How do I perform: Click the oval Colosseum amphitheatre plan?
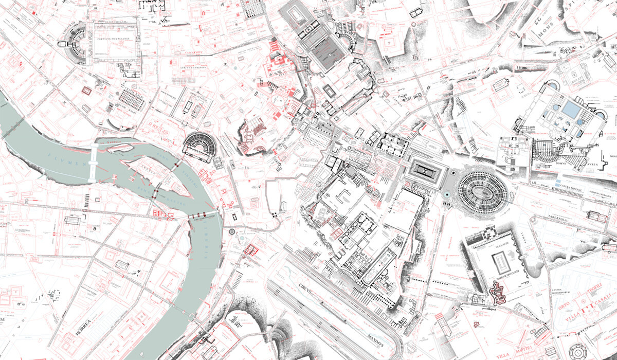coord(482,190)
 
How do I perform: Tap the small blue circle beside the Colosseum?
coord(447,194)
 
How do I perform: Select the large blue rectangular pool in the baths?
coord(570,109)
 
